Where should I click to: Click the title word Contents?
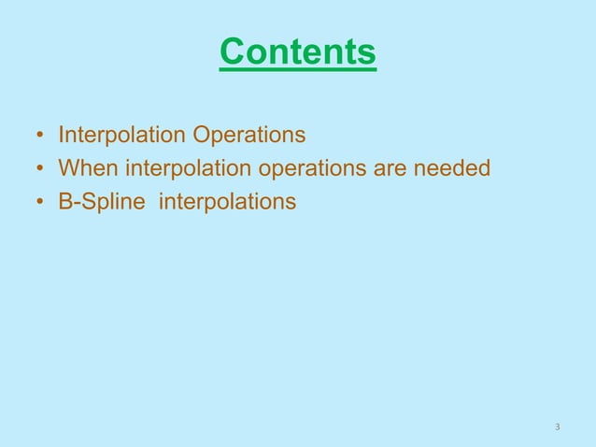tap(298, 51)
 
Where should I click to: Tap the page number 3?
tap(558, 427)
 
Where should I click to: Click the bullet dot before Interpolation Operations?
tap(39, 137)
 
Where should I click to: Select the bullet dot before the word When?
tap(39, 170)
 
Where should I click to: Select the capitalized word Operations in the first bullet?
tap(248, 137)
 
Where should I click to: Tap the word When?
tap(86, 168)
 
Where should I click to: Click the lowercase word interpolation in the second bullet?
tap(180, 169)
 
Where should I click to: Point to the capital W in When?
tap(68, 168)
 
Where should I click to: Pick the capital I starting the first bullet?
tap(61, 136)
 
